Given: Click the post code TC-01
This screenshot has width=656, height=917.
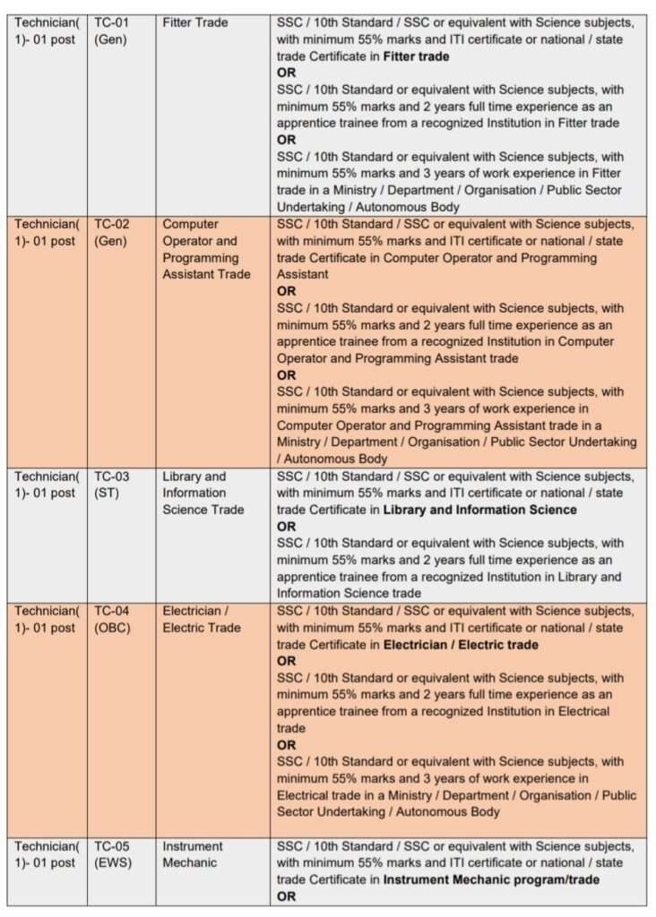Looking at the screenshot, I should click(112, 22).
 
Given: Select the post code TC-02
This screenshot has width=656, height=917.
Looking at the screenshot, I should click(112, 224).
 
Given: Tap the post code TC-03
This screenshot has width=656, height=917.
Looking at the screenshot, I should click(112, 476).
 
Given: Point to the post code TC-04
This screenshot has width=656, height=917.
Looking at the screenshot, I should click(112, 611).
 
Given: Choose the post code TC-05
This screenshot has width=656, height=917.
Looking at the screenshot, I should click(112, 846).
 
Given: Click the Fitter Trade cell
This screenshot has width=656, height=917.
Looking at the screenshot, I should click(195, 22).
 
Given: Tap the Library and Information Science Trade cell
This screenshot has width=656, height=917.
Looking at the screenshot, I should click(203, 493).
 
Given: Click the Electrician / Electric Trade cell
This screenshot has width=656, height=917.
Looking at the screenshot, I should click(202, 620).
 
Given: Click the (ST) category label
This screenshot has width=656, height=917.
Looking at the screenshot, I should click(107, 493).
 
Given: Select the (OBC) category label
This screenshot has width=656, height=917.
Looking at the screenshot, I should click(112, 628).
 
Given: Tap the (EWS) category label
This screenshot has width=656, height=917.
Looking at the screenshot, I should click(112, 863).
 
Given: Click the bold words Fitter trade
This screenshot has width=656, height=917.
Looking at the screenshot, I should click(416, 56).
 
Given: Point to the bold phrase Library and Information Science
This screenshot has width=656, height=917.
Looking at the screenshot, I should click(479, 510).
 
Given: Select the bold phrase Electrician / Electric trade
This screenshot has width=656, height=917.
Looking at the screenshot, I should click(461, 645).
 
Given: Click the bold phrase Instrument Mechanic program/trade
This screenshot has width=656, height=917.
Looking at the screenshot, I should click(491, 879).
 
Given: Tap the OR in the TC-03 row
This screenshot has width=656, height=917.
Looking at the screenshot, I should click(286, 527).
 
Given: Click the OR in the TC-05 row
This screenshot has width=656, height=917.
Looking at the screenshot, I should click(286, 896).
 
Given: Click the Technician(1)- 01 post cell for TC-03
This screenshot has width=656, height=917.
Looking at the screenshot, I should click(47, 484).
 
